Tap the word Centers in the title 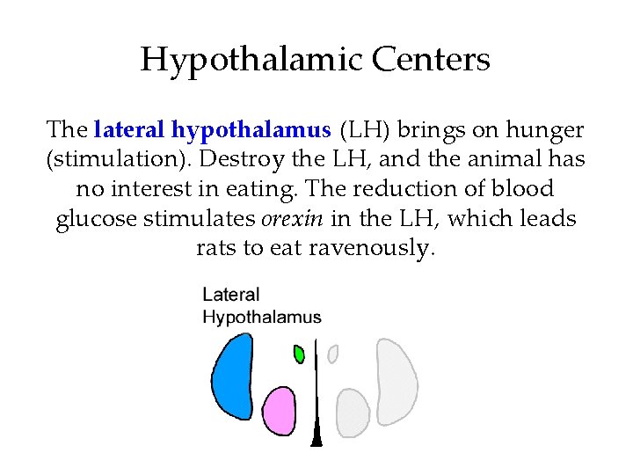point(431,60)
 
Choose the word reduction point(409,189)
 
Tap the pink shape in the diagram point(280,411)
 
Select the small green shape point(299,354)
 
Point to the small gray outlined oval point(332,354)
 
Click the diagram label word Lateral point(231,296)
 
